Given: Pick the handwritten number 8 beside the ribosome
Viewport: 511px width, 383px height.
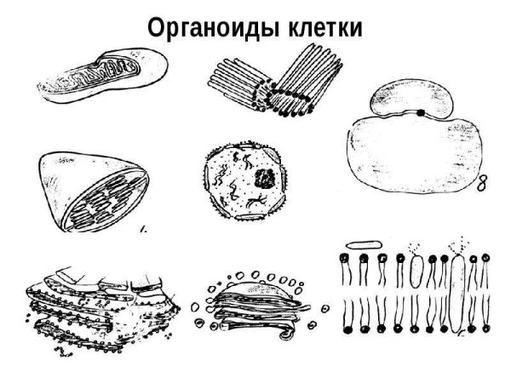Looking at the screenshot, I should click(x=481, y=184).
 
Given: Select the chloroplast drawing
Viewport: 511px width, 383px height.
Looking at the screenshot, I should click(x=94, y=191).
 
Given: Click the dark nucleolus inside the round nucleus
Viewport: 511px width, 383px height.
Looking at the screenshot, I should click(x=264, y=179).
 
